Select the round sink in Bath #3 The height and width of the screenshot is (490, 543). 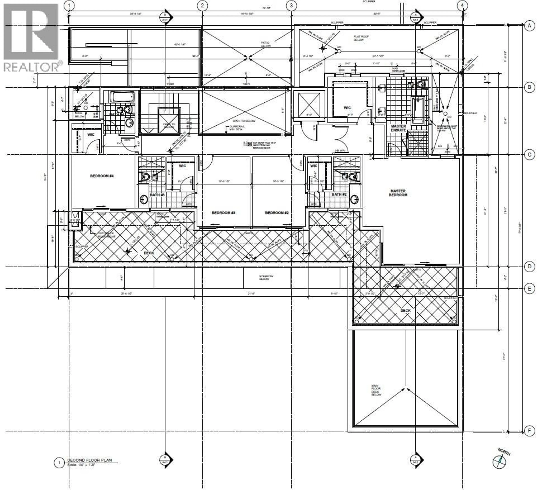pyautogui.click(x=143, y=200)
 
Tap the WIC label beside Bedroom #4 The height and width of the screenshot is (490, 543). pyautogui.click(x=91, y=134)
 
